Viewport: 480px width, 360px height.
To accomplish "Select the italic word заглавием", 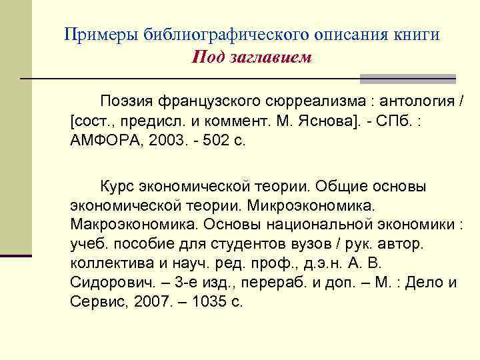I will point(271,57).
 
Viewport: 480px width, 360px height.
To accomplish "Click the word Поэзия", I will point(127,101).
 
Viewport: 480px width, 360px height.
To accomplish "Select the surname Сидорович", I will point(107,283).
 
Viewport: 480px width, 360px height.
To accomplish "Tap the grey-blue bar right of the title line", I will point(407,79).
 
